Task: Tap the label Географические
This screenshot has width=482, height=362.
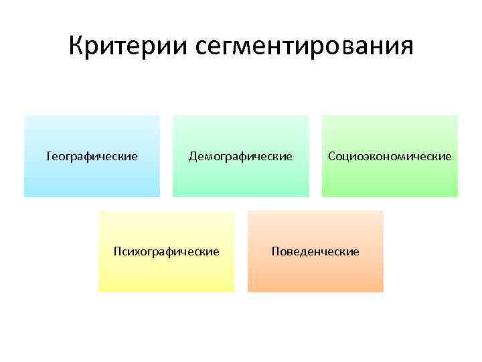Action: [92, 156]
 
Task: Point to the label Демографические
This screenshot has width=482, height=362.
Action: [240, 156]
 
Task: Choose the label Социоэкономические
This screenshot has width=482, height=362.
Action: [390, 156]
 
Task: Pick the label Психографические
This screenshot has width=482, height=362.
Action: [167, 251]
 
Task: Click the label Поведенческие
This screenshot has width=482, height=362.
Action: [315, 251]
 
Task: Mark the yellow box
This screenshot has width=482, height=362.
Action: [167, 275]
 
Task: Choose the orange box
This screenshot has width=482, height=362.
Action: [315, 275]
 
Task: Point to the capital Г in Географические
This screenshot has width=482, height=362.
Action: [49, 156]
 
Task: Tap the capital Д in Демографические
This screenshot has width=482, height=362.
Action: [193, 156]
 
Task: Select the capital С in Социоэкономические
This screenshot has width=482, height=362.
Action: [331, 156]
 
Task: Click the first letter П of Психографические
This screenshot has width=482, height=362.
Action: [118, 251]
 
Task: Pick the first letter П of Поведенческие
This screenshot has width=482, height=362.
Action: [275, 251]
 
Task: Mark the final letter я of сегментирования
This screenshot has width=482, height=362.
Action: [406, 48]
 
